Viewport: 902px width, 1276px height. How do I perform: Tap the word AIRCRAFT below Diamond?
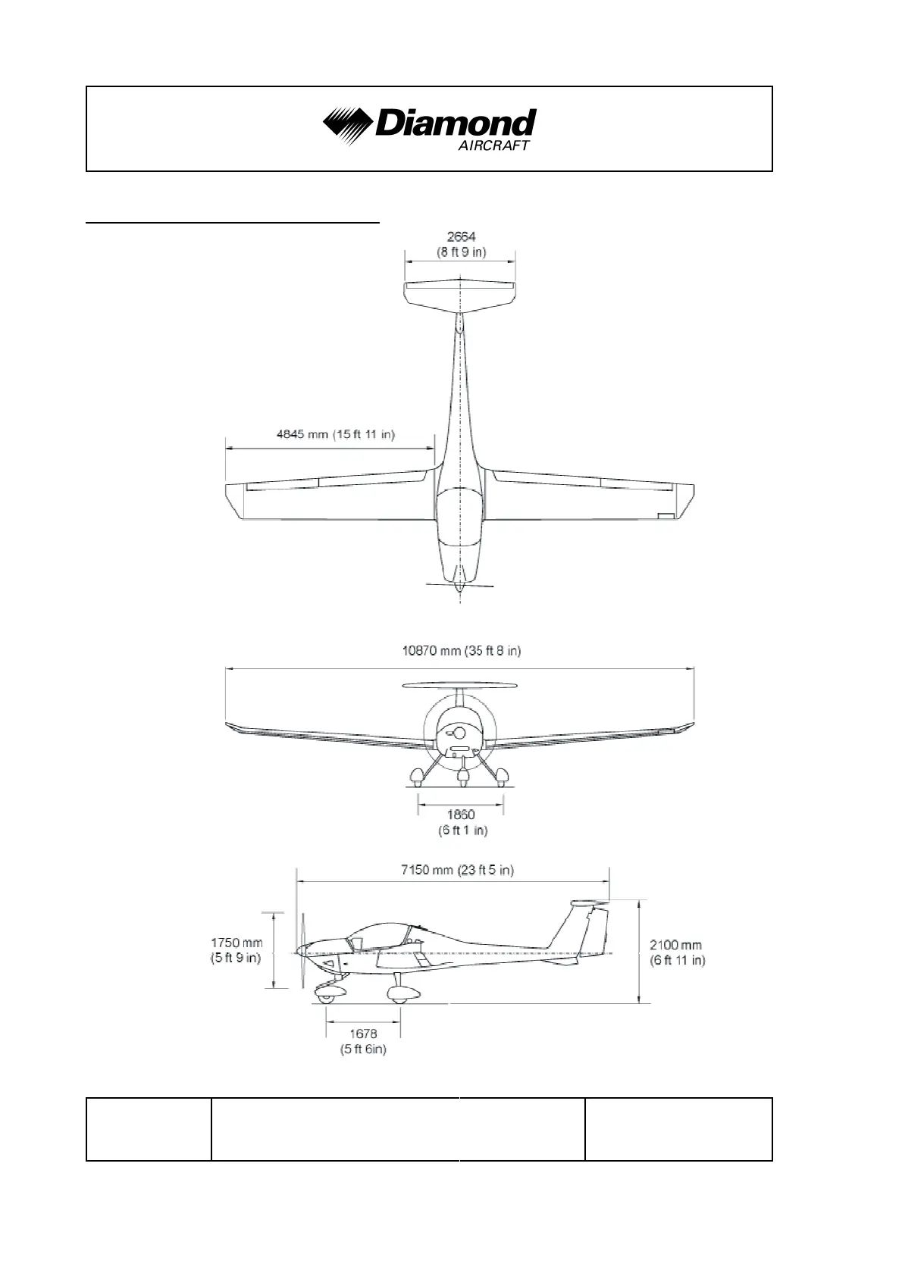[x=493, y=145]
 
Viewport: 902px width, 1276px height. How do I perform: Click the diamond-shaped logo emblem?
[x=347, y=126]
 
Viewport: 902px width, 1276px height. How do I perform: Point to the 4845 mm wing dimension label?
[x=335, y=434]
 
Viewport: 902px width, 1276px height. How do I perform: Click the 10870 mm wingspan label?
[x=461, y=650]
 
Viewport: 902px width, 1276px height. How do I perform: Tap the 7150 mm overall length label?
[x=457, y=870]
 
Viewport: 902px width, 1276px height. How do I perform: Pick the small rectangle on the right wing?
[x=666, y=516]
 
